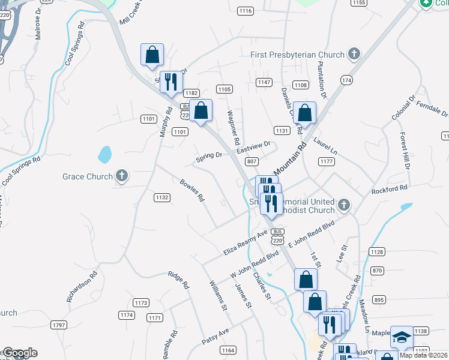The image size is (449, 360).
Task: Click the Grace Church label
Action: pos(88,176)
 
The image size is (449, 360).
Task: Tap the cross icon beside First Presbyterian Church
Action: pos(354,55)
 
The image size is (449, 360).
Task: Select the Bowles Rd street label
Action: pos(193,190)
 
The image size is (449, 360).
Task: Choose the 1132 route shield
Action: pos(161,197)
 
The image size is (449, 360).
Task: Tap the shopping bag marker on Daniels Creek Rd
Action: pos(305,113)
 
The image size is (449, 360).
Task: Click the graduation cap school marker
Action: pos(402,338)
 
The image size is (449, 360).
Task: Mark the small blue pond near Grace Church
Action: pos(105,155)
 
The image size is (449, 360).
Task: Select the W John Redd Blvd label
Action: pos(255,264)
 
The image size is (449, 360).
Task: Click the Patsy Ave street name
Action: pos(216,332)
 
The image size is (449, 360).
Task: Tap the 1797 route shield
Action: pos(59,325)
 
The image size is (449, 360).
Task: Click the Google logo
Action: pos(19,353)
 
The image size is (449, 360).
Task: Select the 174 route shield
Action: pos(346,80)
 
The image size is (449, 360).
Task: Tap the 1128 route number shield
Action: pos(377,252)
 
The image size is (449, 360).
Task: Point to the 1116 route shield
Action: pos(245,11)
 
